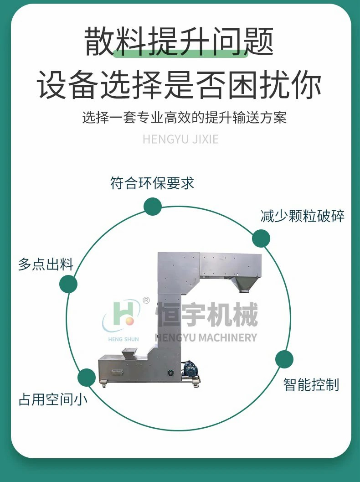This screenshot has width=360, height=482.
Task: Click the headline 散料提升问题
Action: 179,41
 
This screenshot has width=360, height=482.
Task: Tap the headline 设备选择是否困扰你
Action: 179,84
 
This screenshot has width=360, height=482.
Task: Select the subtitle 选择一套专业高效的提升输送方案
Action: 184,118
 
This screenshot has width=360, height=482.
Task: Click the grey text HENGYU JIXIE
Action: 180,139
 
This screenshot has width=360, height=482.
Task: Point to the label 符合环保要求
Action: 152,183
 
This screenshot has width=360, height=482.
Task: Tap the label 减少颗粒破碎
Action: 302,216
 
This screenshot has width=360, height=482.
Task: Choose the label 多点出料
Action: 46,264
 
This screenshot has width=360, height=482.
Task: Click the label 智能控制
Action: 311,384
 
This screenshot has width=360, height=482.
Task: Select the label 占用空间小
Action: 53,399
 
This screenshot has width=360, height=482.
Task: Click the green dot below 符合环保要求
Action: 153,207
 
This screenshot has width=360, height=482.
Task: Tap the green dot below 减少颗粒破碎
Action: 261,238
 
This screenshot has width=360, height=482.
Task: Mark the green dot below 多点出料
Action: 68,284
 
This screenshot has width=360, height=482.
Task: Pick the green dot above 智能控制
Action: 284,359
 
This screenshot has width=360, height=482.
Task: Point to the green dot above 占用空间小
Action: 86,378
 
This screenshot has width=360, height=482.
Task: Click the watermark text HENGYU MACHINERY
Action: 206,337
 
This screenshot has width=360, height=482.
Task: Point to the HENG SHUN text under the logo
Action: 123,339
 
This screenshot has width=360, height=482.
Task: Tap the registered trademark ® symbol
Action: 146,301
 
